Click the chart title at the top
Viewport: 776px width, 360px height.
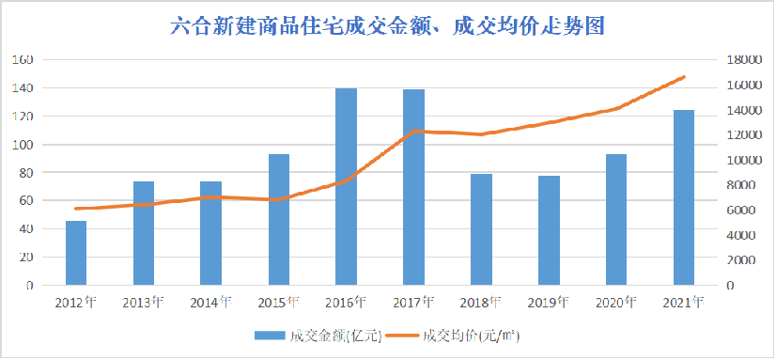click(x=387, y=25)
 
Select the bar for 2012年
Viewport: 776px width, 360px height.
click(x=76, y=253)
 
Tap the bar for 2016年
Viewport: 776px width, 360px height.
click(x=347, y=187)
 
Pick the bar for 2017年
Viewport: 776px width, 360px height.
click(x=414, y=187)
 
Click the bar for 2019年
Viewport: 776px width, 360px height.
click(x=550, y=230)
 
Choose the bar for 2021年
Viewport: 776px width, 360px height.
click(x=684, y=197)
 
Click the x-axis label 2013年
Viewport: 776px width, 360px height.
click(x=144, y=303)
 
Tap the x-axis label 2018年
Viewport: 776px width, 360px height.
click(x=481, y=303)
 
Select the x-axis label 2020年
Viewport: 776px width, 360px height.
click(x=616, y=303)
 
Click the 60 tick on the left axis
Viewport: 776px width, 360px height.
click(x=27, y=201)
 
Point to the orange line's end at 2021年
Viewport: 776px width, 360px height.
click(x=684, y=77)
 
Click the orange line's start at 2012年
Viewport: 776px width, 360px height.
click(x=76, y=209)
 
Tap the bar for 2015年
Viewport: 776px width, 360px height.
click(x=279, y=220)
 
